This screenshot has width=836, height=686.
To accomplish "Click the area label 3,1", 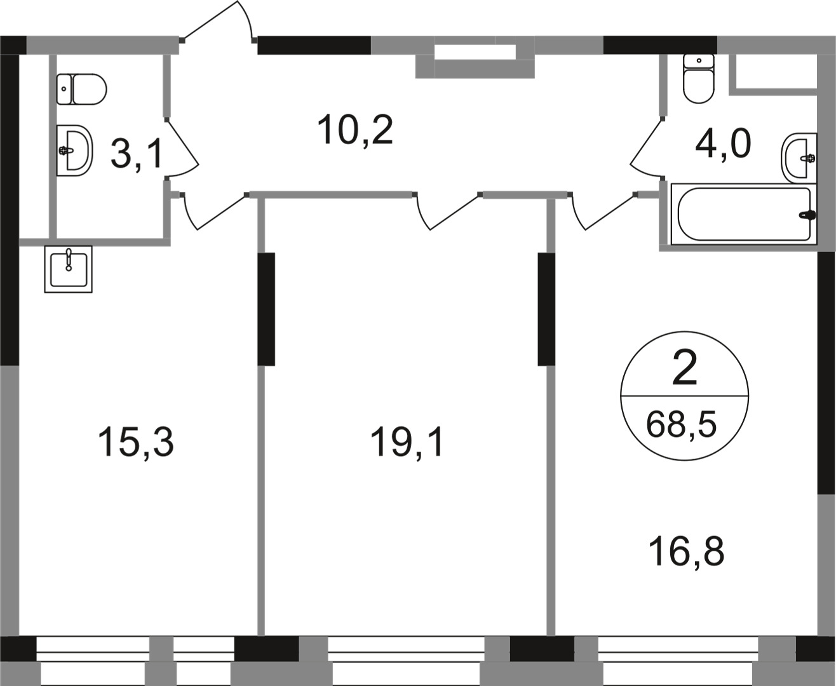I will pos(136,154).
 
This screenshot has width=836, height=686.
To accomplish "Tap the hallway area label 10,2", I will pos(355,130).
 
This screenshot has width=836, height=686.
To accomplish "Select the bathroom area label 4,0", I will pos(723,144).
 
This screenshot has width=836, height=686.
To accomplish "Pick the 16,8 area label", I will pos(686,551).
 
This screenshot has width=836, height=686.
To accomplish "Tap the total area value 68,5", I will pos(681,424).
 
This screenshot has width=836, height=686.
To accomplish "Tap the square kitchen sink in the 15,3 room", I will pos(68,269).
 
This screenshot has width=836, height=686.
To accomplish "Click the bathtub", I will pos(744,215).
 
